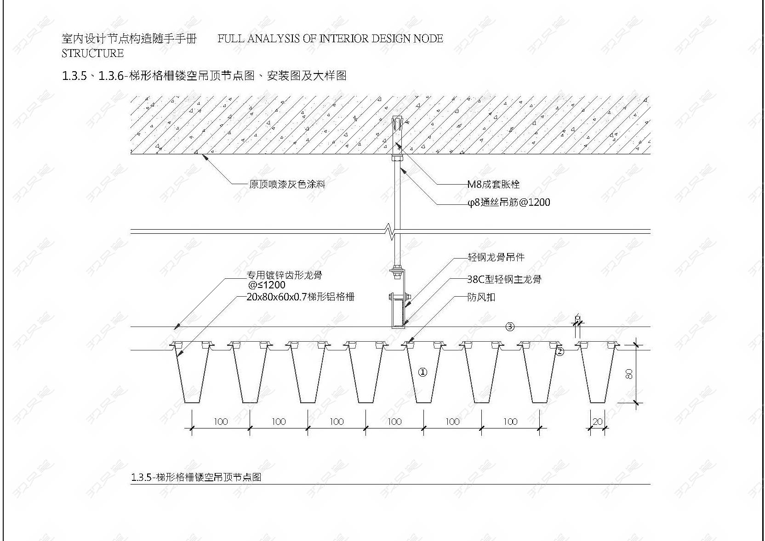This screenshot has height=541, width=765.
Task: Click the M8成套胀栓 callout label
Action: [x=493, y=185]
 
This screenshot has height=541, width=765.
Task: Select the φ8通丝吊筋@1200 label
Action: [x=508, y=203]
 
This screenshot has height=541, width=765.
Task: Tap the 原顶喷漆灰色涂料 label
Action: [x=287, y=185]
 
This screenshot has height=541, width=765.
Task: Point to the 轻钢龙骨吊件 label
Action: [x=496, y=257]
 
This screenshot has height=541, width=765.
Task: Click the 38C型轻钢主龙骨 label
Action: [x=504, y=280]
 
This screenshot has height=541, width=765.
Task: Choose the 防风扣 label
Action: [x=481, y=298]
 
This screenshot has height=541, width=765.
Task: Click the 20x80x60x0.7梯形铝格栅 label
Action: [x=301, y=297]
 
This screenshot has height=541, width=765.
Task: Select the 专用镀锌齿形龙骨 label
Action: [x=285, y=275]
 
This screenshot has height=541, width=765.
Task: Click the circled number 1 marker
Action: [x=422, y=372]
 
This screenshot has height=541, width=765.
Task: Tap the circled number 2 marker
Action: [x=560, y=352]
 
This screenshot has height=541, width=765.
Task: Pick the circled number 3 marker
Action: [x=509, y=327]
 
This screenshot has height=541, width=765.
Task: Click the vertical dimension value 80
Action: [x=629, y=374]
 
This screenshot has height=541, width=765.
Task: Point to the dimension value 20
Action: [x=597, y=422]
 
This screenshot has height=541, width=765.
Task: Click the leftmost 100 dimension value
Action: [x=221, y=422]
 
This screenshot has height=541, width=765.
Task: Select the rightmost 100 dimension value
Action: [x=510, y=422]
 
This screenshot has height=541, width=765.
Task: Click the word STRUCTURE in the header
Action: [x=92, y=54]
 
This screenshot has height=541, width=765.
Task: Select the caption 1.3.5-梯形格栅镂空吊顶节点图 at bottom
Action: [x=196, y=477]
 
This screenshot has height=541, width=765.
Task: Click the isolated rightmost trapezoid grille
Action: [x=597, y=372]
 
